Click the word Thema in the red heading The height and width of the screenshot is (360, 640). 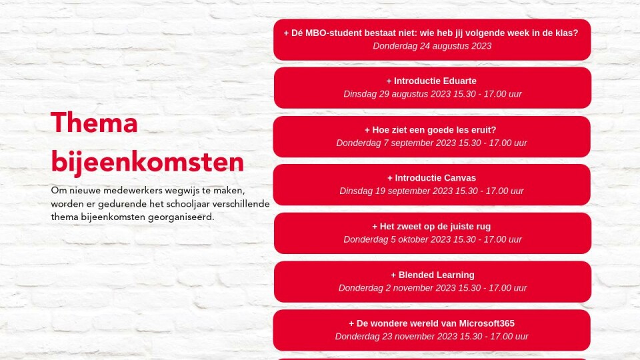[x=94, y=123]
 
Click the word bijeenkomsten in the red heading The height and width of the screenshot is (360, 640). [x=147, y=162]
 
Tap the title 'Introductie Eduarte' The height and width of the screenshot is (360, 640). [x=435, y=81]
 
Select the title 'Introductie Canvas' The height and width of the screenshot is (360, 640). [x=435, y=178]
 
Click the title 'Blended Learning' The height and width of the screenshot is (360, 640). [x=436, y=275]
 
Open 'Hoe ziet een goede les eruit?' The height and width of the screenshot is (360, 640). [x=434, y=130]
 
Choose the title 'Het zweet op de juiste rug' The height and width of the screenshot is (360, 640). [x=435, y=227]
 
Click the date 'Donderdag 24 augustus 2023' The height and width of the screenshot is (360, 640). [x=432, y=46]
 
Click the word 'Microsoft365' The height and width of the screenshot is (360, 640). [x=487, y=323]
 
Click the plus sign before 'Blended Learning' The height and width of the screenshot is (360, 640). [x=393, y=275]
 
